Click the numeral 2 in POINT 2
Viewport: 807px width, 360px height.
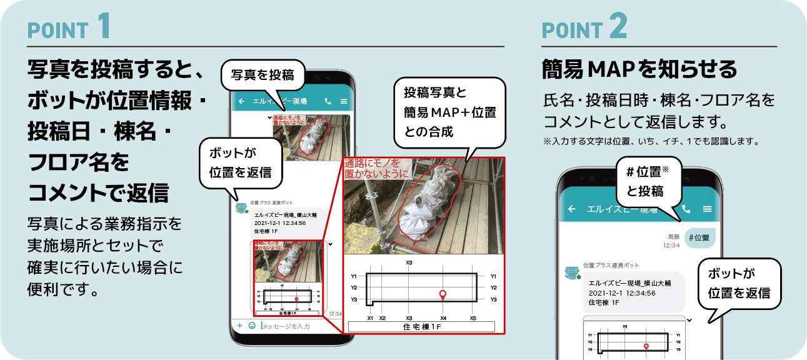tap(617, 26)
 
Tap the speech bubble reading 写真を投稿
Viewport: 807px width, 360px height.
tap(263, 76)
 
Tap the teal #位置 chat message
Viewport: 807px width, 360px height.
tap(700, 237)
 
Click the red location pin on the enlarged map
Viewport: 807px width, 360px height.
tap(443, 294)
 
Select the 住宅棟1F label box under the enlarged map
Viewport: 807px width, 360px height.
tap(421, 327)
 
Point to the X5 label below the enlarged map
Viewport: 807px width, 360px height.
tap(473, 318)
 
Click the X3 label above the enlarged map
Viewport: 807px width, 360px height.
tap(409, 263)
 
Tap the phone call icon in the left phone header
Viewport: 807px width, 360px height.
tap(328, 101)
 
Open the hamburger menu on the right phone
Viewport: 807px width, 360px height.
tap(708, 209)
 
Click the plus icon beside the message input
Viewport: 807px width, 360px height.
tap(239, 326)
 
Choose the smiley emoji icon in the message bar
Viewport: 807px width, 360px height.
tap(252, 326)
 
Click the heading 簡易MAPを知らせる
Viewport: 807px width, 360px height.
tap(639, 70)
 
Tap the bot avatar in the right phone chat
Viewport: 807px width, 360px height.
tap(571, 272)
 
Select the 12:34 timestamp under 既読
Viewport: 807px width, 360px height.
tap(671, 246)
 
